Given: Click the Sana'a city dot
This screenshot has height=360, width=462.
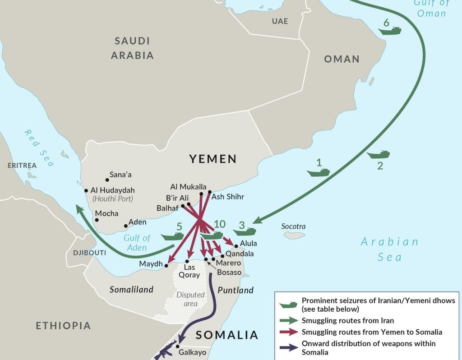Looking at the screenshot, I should (x=107, y=180).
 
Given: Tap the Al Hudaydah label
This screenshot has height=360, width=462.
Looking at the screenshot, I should (x=112, y=190).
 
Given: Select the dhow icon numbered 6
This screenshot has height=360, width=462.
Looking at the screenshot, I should (x=390, y=31).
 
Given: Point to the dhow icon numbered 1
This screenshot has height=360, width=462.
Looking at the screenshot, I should (x=318, y=172).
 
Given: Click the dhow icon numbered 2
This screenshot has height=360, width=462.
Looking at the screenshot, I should (x=378, y=154).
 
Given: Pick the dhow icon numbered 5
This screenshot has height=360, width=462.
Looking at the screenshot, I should (x=172, y=236).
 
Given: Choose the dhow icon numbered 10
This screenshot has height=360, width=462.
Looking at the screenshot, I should (x=212, y=235).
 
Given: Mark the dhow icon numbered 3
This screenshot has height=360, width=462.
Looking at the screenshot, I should (x=245, y=231).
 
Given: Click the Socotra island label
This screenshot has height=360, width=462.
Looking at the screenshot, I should (x=293, y=226).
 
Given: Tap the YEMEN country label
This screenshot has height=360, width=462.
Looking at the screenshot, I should (x=213, y=159).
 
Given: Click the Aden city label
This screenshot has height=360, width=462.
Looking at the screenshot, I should (x=138, y=222).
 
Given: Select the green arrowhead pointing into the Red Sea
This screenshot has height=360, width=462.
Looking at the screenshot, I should (x=79, y=209).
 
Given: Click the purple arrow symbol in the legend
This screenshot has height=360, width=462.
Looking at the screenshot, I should (x=288, y=348).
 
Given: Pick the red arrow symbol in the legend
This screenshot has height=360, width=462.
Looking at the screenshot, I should (x=288, y=332).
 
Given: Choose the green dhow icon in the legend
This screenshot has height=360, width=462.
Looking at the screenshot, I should (x=288, y=305).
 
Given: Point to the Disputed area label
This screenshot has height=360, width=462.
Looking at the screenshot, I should (x=190, y=299).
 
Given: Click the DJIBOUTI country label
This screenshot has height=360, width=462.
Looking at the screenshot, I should (x=89, y=252).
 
